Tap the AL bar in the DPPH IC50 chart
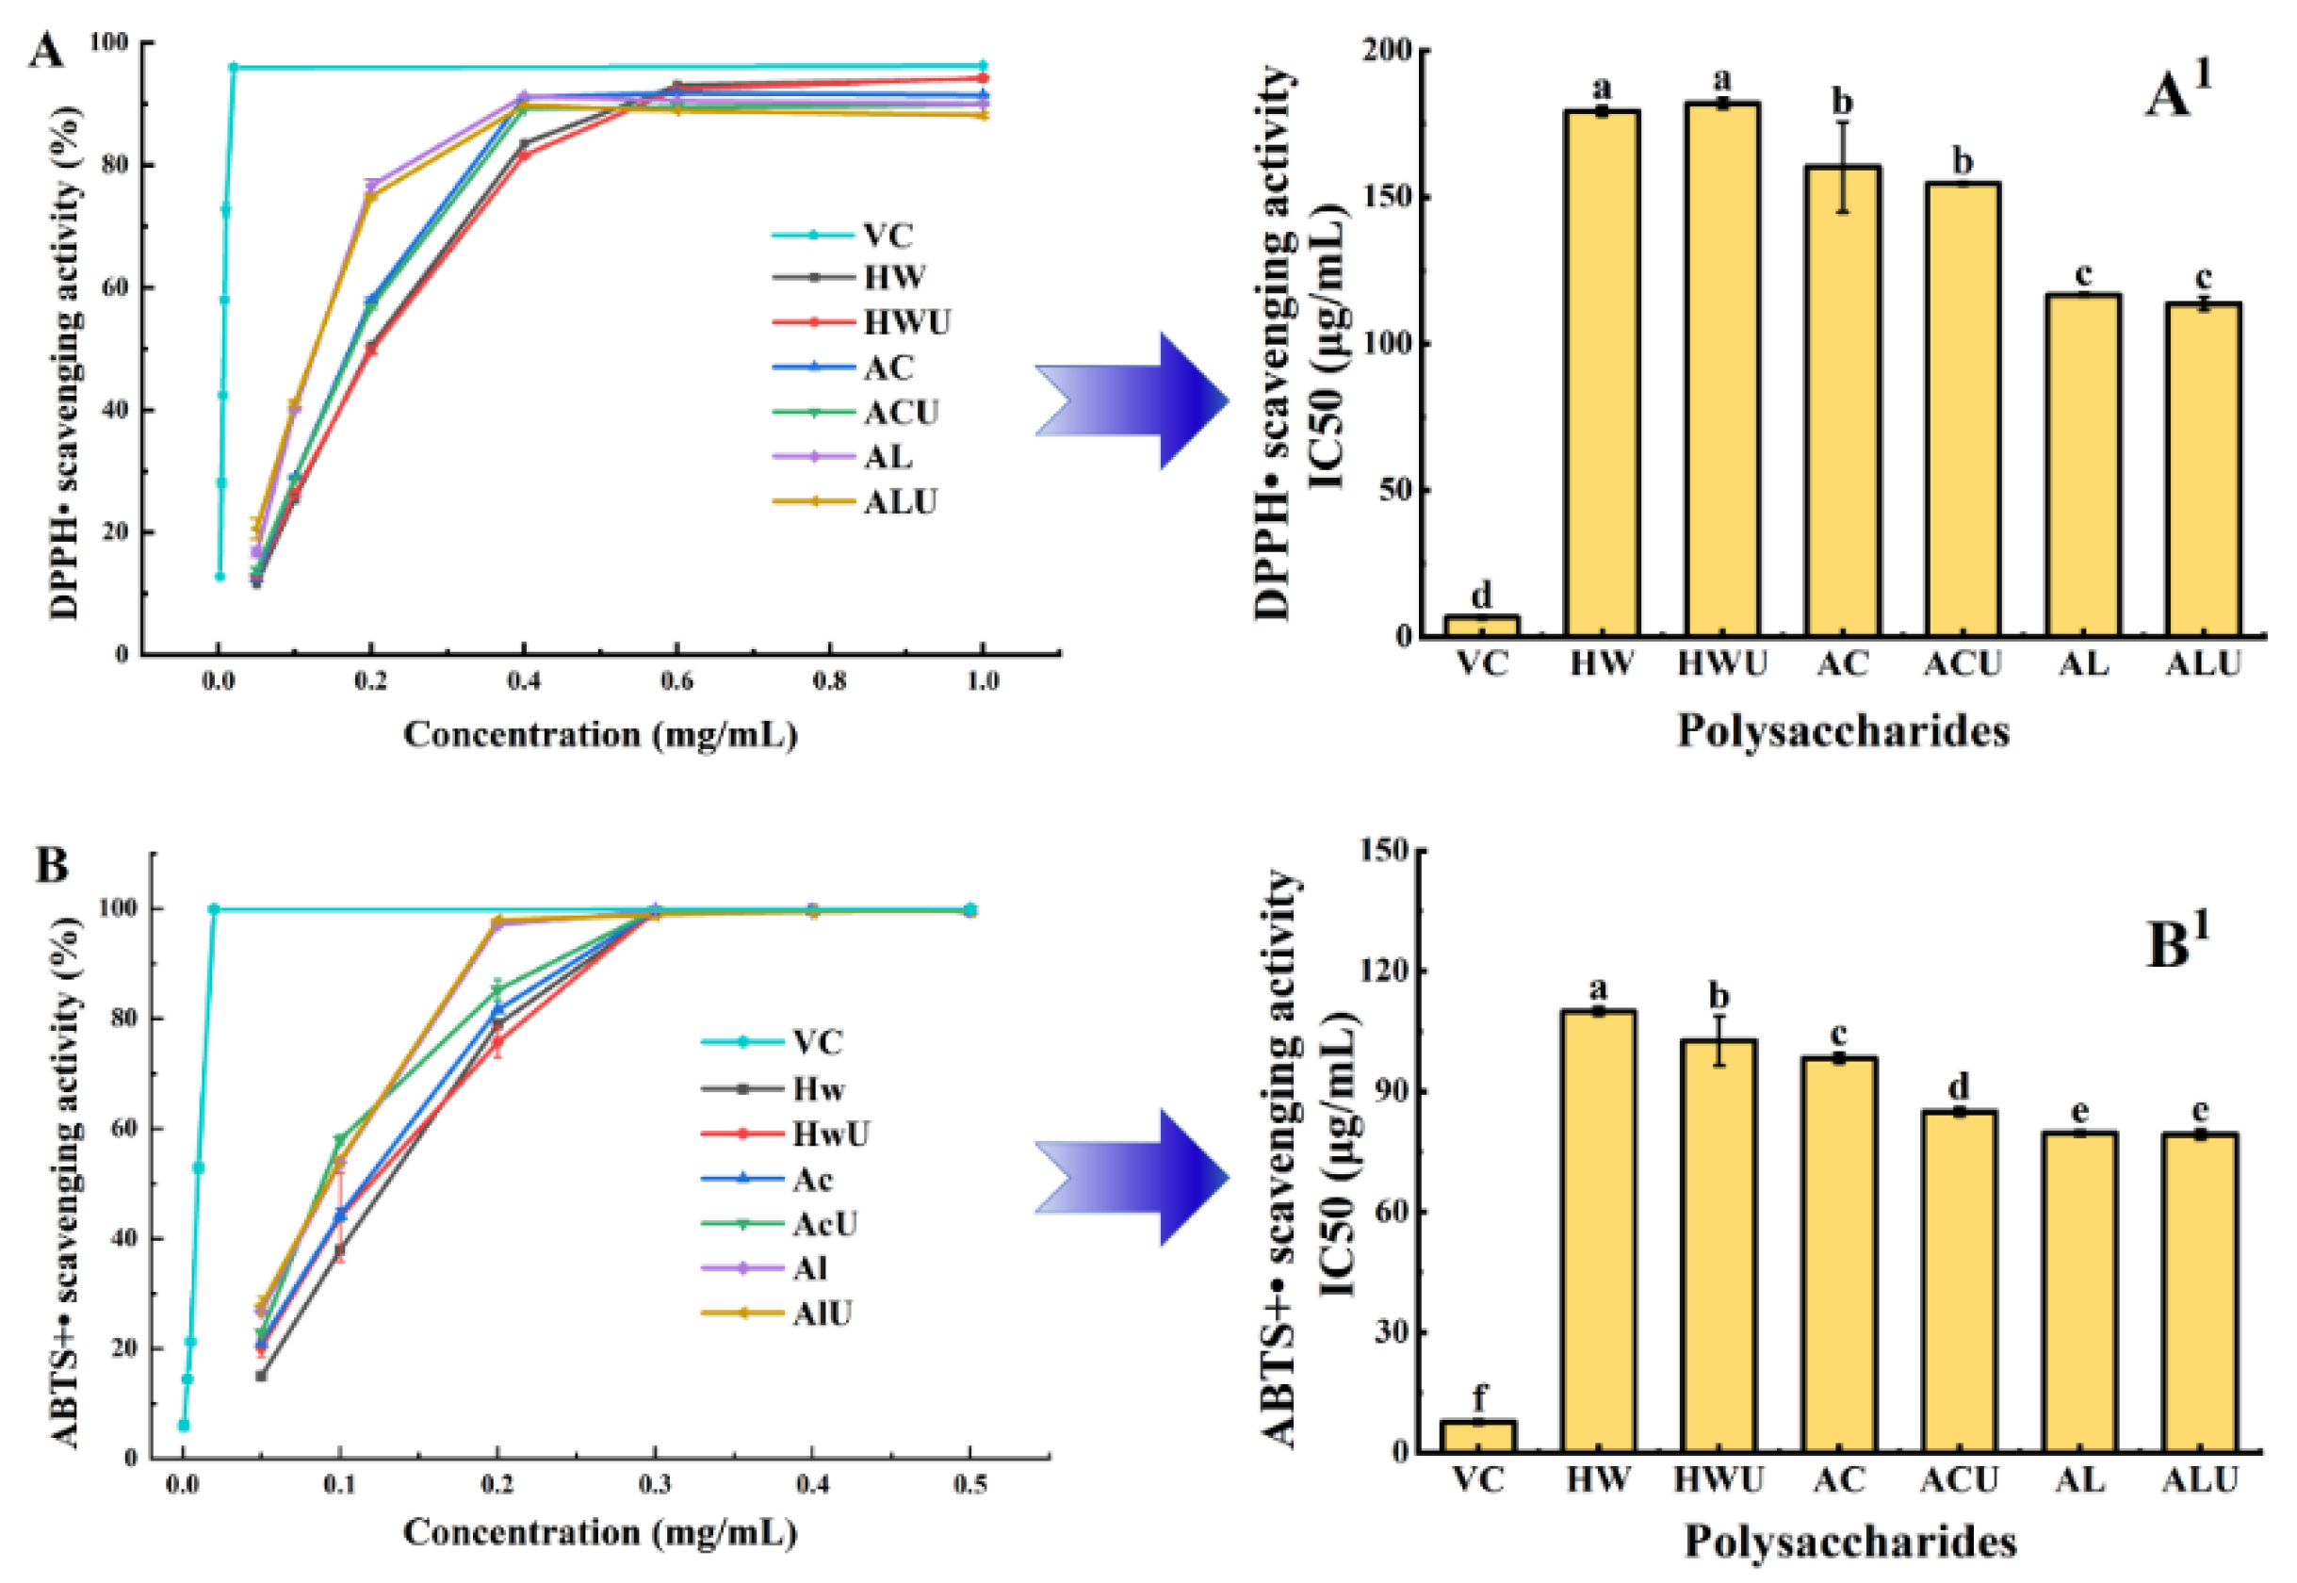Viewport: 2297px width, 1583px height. click(2083, 465)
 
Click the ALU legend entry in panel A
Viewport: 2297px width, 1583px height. click(900, 502)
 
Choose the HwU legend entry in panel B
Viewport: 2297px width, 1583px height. click(830, 1134)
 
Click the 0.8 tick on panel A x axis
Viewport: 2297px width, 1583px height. click(829, 682)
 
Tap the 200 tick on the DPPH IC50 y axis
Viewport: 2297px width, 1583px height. click(1388, 50)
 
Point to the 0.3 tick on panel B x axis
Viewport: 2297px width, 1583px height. click(655, 1485)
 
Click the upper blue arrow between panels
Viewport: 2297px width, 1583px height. click(1132, 400)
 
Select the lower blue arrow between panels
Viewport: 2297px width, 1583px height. click(1132, 1177)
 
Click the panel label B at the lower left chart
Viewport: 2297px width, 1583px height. click(51, 865)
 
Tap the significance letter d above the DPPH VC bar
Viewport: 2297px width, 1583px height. click(1481, 596)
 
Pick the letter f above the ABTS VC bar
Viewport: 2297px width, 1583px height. click(1479, 1397)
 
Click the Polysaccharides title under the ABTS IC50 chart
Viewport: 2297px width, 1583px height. click(1849, 1542)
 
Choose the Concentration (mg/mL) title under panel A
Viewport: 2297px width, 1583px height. click(599, 735)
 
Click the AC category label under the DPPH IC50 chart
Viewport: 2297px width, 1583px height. click(1842, 663)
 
